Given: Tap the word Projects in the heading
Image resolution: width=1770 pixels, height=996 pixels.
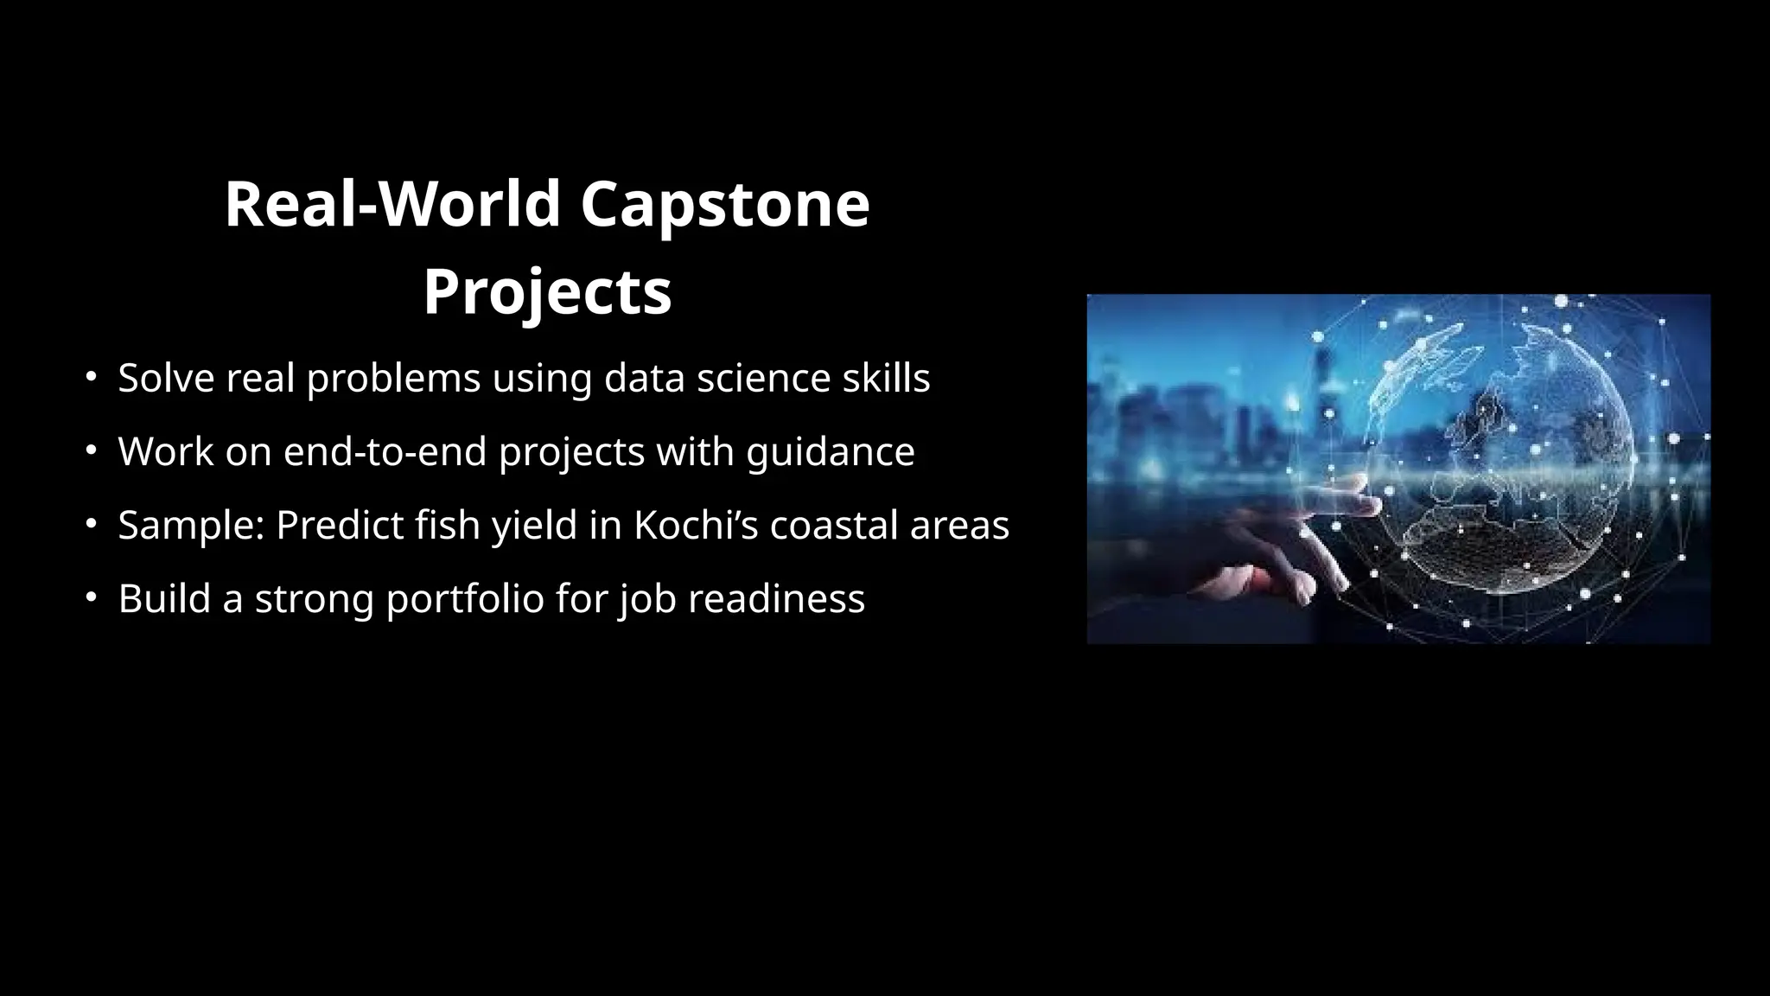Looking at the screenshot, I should (x=547, y=291).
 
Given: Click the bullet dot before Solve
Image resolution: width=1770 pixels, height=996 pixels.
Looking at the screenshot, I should (x=91, y=377).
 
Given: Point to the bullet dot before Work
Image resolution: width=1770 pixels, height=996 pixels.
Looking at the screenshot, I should (x=91, y=450).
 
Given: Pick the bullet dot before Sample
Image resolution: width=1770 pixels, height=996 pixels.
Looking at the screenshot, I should (x=91, y=524).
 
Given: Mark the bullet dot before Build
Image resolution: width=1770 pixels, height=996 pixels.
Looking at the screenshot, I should (x=91, y=597).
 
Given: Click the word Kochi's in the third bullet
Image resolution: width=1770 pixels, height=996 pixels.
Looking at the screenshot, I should (x=696, y=525).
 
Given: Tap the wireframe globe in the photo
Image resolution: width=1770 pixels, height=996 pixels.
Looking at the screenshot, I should (x=1504, y=458).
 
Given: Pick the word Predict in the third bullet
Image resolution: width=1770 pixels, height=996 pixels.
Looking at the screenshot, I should (x=339, y=525).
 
